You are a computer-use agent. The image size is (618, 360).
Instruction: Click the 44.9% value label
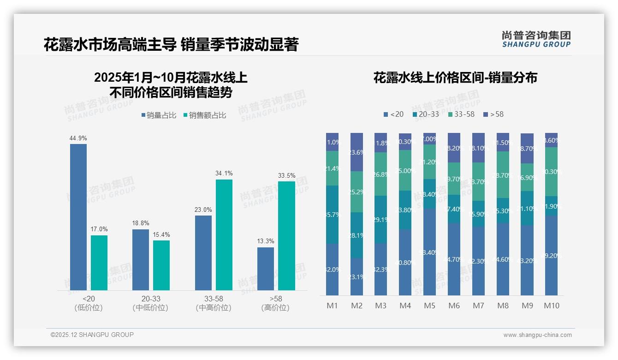[x=78, y=138]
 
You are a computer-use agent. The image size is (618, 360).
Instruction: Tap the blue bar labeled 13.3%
[x=266, y=269]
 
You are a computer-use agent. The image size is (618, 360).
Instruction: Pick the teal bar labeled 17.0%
[x=99, y=263]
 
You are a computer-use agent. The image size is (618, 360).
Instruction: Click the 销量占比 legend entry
[x=159, y=115]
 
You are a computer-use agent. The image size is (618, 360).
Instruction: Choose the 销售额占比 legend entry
[x=205, y=115]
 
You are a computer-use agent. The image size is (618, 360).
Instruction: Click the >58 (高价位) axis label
[x=276, y=303]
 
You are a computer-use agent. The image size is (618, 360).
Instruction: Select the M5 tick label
[x=429, y=306]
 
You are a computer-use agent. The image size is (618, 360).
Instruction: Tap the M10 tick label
[x=551, y=306]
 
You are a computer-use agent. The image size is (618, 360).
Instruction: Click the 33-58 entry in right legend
[x=461, y=114]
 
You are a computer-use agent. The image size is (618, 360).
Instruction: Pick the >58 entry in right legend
[x=493, y=114]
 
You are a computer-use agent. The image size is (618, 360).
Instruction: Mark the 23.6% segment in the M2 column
[x=357, y=152]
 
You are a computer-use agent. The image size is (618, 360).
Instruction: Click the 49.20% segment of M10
[x=551, y=255]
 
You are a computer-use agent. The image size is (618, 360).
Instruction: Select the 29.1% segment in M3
[x=380, y=220]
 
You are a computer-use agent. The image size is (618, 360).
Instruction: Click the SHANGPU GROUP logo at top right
[x=536, y=39]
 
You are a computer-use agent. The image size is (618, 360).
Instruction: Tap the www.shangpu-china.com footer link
[x=537, y=335]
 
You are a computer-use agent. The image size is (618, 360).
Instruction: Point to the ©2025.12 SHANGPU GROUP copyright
[x=92, y=335]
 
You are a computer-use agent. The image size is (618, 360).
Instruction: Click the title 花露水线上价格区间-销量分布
[x=455, y=78]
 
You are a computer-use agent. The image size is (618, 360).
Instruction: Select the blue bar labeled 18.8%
[x=141, y=260]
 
